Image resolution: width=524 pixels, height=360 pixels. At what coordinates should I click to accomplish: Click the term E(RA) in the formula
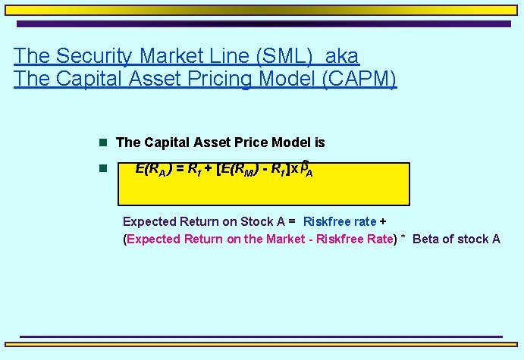coord(153,170)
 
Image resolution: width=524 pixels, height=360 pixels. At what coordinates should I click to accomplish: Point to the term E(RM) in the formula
coord(242,170)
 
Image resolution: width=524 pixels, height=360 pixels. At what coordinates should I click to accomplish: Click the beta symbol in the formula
coord(304,166)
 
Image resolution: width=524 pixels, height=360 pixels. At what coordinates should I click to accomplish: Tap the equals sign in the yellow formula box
coord(179,169)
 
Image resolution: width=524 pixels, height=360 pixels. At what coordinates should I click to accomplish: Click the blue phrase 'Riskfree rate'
coord(339,221)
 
